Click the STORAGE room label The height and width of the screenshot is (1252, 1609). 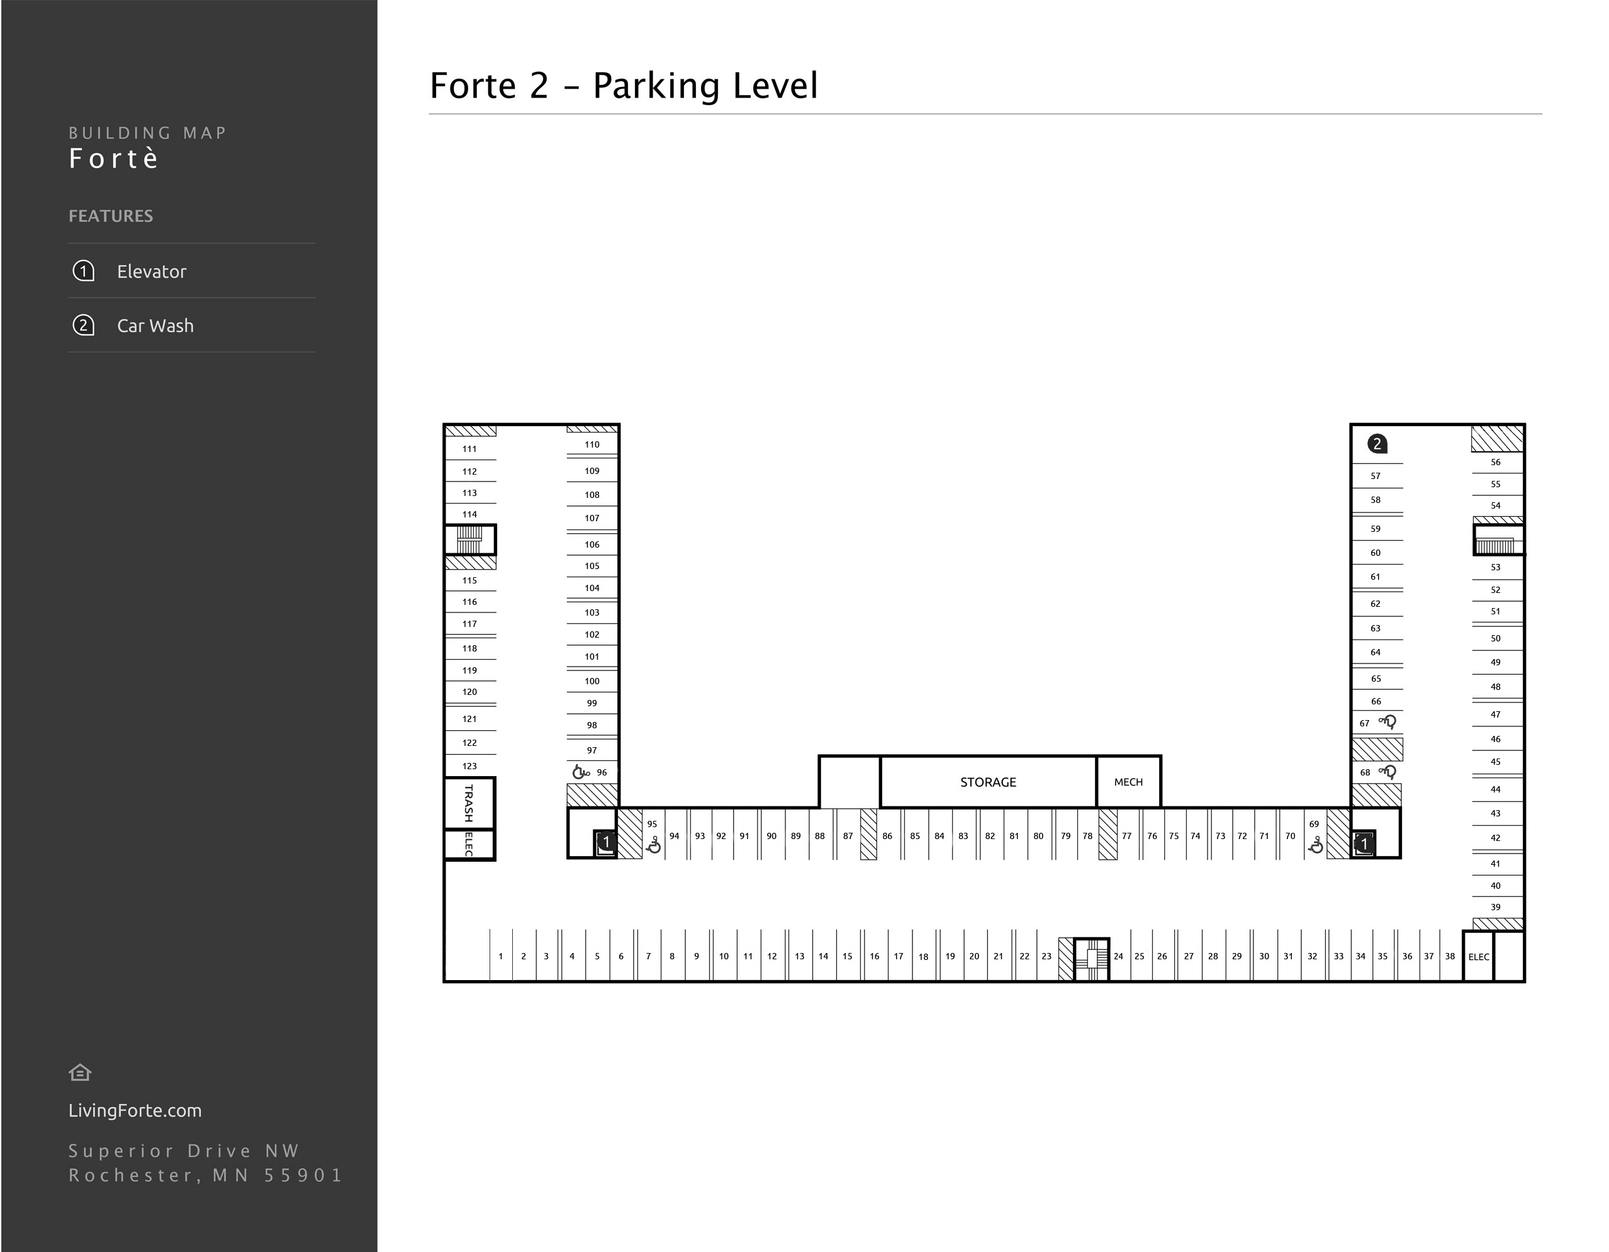[987, 782]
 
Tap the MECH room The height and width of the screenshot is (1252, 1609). [1128, 782]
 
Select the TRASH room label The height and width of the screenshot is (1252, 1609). [469, 803]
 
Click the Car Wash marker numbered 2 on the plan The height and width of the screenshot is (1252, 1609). [1377, 444]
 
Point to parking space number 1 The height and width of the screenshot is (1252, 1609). [500, 957]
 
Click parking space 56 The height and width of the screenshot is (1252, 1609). [1495, 463]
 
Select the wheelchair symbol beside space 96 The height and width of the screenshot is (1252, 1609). [581, 772]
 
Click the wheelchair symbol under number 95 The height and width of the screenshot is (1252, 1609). [653, 846]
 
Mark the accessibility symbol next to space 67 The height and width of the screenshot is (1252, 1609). [1388, 722]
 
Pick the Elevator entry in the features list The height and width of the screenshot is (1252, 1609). [151, 271]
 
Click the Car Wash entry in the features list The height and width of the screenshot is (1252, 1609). [155, 325]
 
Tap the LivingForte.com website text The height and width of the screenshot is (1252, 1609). [135, 1110]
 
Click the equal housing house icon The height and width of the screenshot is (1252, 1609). [79, 1073]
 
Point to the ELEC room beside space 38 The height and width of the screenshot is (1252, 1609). [1478, 957]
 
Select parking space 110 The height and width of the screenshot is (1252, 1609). [591, 445]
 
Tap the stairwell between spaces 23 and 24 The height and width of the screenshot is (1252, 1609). [1092, 958]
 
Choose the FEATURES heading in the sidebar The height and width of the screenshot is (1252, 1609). [111, 216]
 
